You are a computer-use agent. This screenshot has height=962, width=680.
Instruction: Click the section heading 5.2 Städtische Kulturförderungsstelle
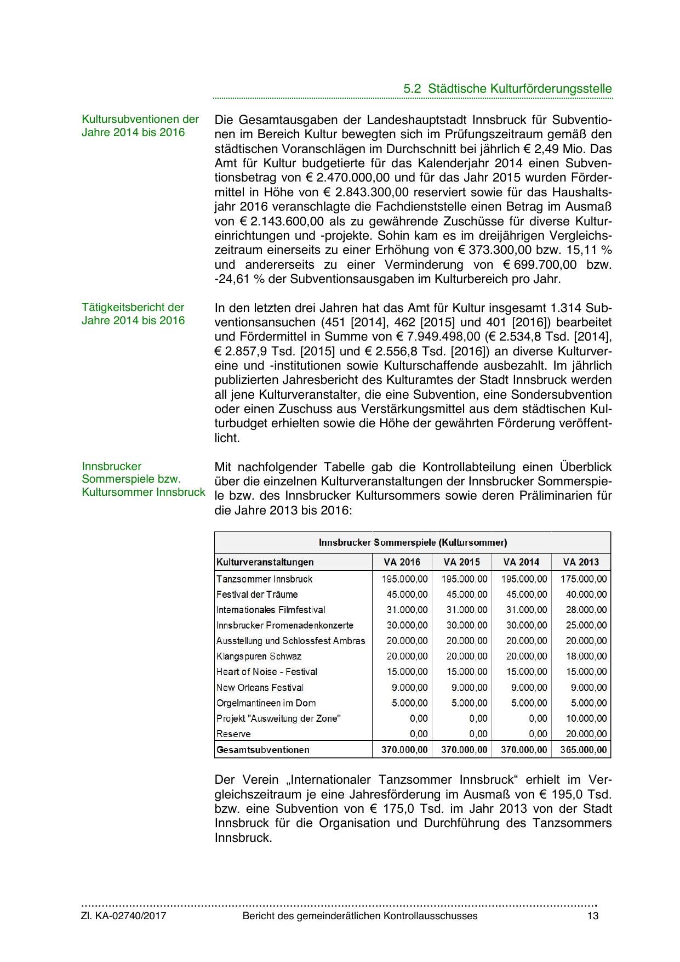507,89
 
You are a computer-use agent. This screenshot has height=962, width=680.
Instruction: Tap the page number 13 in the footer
592,916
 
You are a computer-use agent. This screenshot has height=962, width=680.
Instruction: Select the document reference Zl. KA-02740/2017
124,916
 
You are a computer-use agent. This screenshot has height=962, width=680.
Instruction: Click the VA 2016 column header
402,562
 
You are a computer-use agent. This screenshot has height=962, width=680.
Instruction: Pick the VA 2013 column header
581,562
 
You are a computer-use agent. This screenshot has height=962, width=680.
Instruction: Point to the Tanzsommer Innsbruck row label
264,579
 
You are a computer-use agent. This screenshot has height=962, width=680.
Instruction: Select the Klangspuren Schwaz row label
259,657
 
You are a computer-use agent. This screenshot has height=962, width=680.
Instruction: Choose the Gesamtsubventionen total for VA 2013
583,750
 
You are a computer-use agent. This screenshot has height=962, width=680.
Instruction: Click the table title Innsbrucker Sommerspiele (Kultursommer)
413,542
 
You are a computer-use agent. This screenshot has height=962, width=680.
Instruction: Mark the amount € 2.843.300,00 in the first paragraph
365,193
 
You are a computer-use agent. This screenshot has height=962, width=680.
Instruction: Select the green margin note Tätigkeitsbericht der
133,307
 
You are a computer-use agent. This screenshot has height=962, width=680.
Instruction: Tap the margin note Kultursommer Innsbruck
144,492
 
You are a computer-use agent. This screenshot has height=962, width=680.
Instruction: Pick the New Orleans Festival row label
260,688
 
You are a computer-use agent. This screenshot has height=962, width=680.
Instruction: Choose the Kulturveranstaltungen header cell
265,562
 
